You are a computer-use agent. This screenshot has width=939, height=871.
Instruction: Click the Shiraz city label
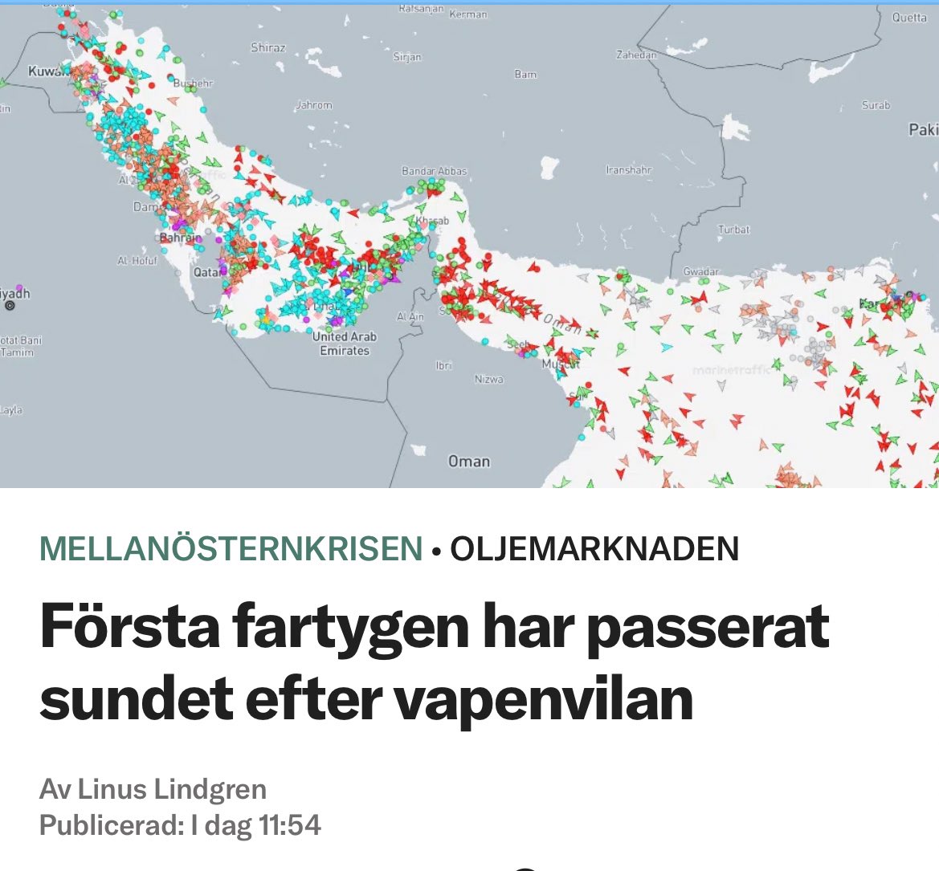267,48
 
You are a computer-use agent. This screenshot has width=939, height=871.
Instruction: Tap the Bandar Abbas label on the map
434,172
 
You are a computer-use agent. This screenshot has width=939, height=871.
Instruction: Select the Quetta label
909,18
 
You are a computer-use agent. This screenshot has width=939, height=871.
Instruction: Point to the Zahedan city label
636,55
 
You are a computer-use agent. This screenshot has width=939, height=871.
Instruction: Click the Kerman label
467,14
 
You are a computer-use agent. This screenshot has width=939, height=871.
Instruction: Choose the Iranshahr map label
629,170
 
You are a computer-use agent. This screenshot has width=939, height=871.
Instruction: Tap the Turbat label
733,230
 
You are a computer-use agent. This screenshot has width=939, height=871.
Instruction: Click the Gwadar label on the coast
701,272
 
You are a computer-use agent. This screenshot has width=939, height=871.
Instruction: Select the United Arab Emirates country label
345,344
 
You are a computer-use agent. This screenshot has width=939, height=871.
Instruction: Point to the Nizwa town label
488,379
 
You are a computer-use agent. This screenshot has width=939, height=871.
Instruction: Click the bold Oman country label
469,462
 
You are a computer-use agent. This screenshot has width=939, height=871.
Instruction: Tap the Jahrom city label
314,105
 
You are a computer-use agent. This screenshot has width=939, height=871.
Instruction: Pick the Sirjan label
407,58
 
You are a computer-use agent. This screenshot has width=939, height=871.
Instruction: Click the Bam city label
525,75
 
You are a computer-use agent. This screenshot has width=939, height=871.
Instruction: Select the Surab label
876,105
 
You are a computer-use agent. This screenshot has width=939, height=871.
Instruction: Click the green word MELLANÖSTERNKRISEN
231,549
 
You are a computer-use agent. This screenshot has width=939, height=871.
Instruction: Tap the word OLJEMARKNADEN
594,549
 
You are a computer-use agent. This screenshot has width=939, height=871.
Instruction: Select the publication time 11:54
289,825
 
